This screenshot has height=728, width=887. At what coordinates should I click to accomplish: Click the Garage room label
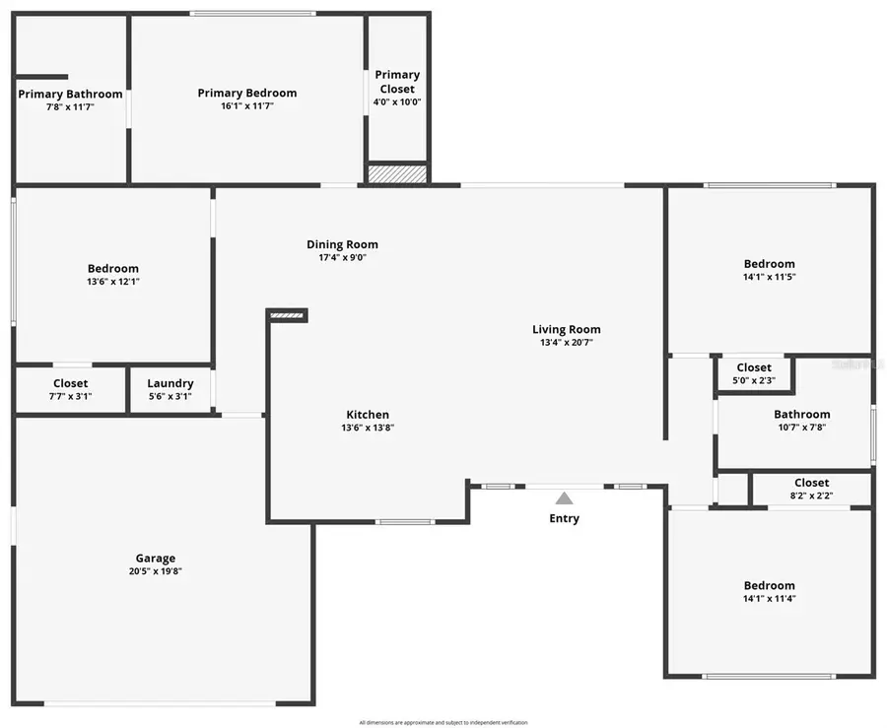[x=156, y=558]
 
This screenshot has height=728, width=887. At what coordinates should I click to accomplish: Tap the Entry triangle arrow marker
[x=564, y=498]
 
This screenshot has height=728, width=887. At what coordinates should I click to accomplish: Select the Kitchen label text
[x=368, y=415]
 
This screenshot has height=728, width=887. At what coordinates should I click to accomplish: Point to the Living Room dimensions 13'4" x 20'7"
[x=566, y=343]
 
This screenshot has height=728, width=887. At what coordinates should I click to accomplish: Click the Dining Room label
[x=342, y=244]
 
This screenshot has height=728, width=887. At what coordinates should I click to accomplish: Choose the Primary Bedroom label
[x=246, y=94]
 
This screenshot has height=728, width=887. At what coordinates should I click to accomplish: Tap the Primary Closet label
[x=397, y=81]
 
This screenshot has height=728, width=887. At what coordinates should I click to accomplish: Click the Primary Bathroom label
[x=70, y=95]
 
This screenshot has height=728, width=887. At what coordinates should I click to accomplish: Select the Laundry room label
[x=170, y=383]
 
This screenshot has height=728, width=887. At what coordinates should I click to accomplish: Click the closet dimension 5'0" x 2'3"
[x=754, y=380]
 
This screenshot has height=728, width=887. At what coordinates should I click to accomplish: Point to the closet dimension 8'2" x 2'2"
[x=811, y=496]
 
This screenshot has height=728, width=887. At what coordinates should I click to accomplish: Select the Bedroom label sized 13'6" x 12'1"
[x=113, y=268]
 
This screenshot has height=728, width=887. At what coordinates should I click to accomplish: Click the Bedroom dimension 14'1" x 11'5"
[x=769, y=277]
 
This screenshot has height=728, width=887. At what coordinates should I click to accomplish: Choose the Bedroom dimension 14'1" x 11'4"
[x=769, y=598]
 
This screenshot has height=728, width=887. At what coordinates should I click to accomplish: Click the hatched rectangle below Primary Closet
[x=397, y=173]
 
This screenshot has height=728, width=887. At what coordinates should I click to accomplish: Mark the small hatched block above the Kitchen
[x=287, y=315]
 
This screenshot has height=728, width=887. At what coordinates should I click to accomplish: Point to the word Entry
[x=564, y=518]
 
